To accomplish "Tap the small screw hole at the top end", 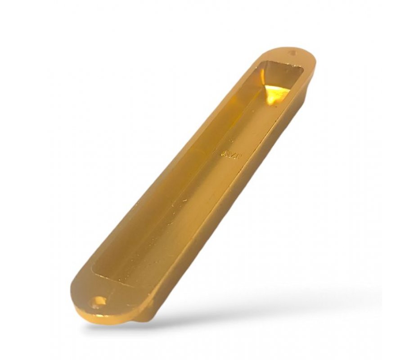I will [292, 53].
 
